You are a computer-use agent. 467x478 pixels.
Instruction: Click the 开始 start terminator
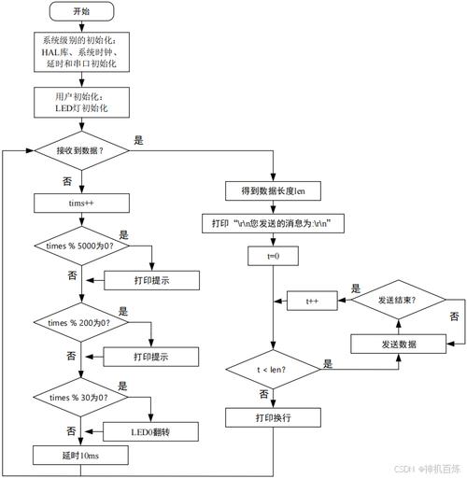point(82,12)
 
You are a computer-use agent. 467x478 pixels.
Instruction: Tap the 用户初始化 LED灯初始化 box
point(82,102)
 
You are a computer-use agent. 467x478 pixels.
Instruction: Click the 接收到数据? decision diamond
point(82,150)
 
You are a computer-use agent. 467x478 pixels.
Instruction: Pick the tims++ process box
point(82,203)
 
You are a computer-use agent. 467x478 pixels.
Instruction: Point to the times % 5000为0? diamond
point(82,247)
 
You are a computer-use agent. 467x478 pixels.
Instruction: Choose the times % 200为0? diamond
point(82,322)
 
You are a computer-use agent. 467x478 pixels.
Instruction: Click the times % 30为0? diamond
point(82,398)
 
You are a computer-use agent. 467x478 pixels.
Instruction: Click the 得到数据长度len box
point(273,191)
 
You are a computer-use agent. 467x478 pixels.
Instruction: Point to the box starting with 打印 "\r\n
point(273,223)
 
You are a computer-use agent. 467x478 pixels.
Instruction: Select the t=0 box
point(273,255)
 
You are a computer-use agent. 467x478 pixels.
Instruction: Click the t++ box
point(313,302)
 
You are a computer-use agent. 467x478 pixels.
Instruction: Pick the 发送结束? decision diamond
point(397,301)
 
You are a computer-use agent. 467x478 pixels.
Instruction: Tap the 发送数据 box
point(397,344)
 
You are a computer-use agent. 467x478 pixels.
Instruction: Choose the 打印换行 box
point(273,417)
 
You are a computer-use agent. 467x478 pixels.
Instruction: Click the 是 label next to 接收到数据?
point(139,140)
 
